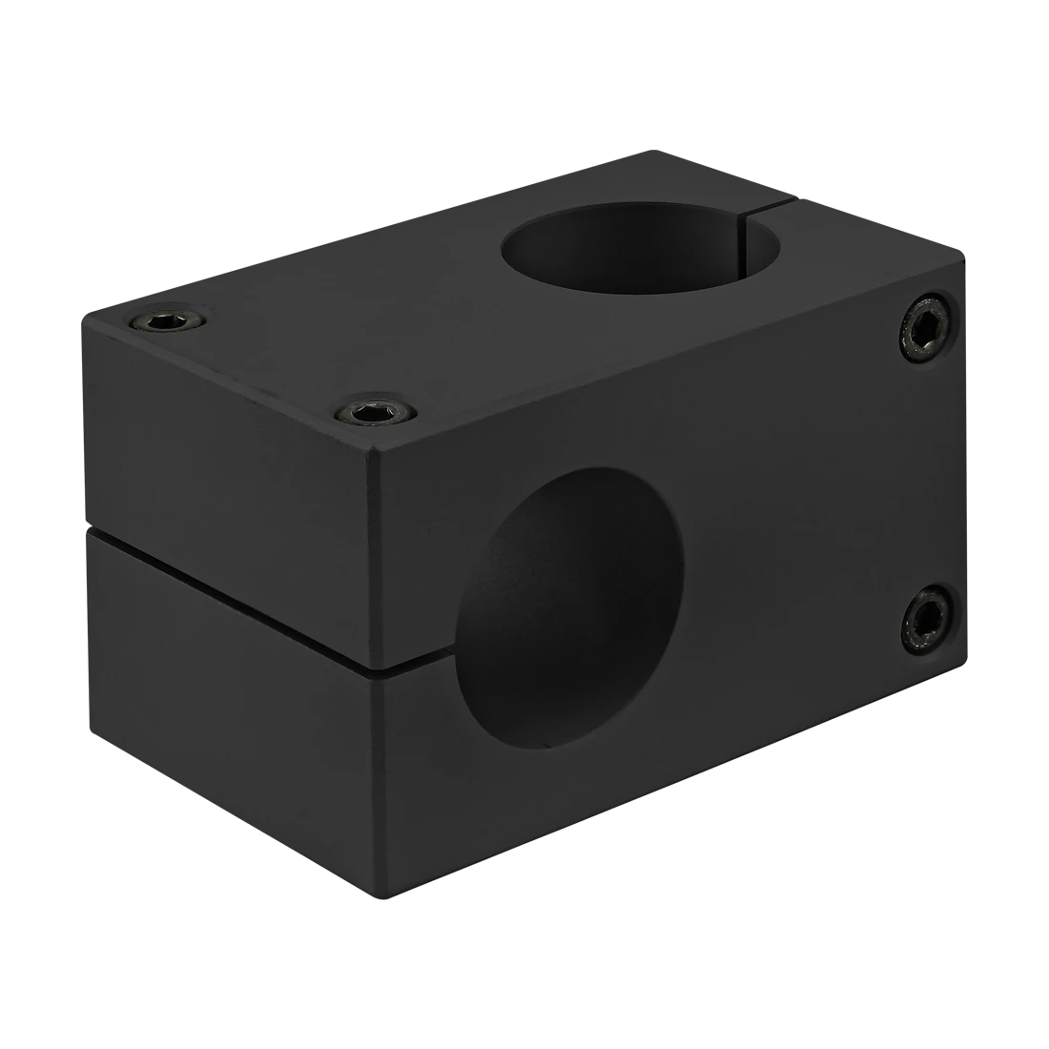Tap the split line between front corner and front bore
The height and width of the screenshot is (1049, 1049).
click(x=420, y=656)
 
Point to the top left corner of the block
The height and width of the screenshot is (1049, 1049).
click(x=81, y=313)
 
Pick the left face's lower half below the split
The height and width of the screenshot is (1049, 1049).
click(x=229, y=725)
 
